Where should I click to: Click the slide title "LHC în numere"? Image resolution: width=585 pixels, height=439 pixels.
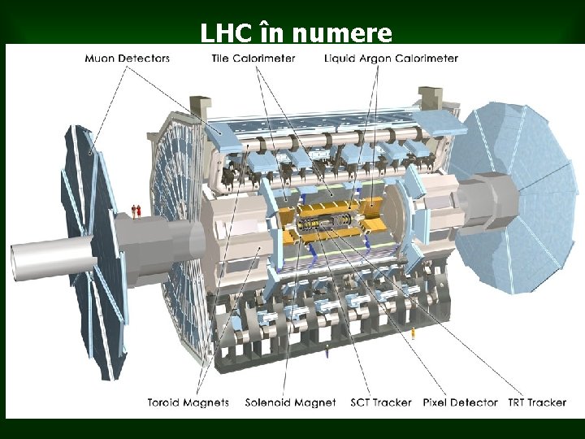297,33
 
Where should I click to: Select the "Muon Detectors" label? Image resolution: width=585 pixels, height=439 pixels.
128,59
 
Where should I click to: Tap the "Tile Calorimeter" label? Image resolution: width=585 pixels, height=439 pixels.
253,59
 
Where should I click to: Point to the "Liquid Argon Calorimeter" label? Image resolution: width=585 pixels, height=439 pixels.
391,59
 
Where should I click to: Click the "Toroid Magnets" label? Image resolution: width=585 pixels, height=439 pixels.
188,402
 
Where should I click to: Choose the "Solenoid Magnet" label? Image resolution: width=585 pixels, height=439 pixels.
291,402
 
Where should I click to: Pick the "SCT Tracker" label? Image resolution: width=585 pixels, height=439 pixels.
381,402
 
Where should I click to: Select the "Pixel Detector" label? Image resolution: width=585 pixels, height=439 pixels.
461,402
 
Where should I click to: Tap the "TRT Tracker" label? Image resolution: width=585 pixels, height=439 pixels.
537,402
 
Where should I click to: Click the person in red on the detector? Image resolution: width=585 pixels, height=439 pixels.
139,211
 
